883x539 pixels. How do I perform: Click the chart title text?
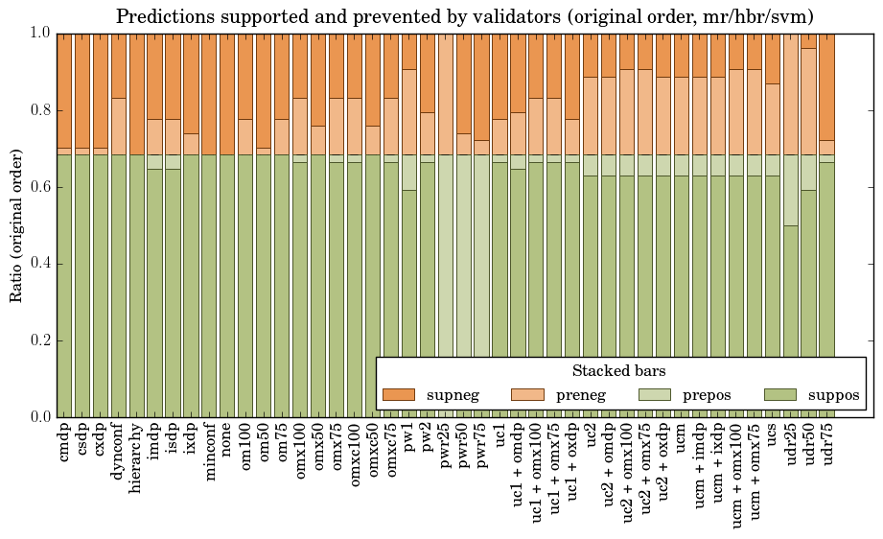(466, 16)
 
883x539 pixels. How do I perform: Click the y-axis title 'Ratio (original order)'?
(16, 225)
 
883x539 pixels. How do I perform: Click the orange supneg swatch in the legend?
(398, 394)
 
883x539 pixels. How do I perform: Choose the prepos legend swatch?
(653, 394)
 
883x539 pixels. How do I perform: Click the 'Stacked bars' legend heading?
(619, 371)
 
